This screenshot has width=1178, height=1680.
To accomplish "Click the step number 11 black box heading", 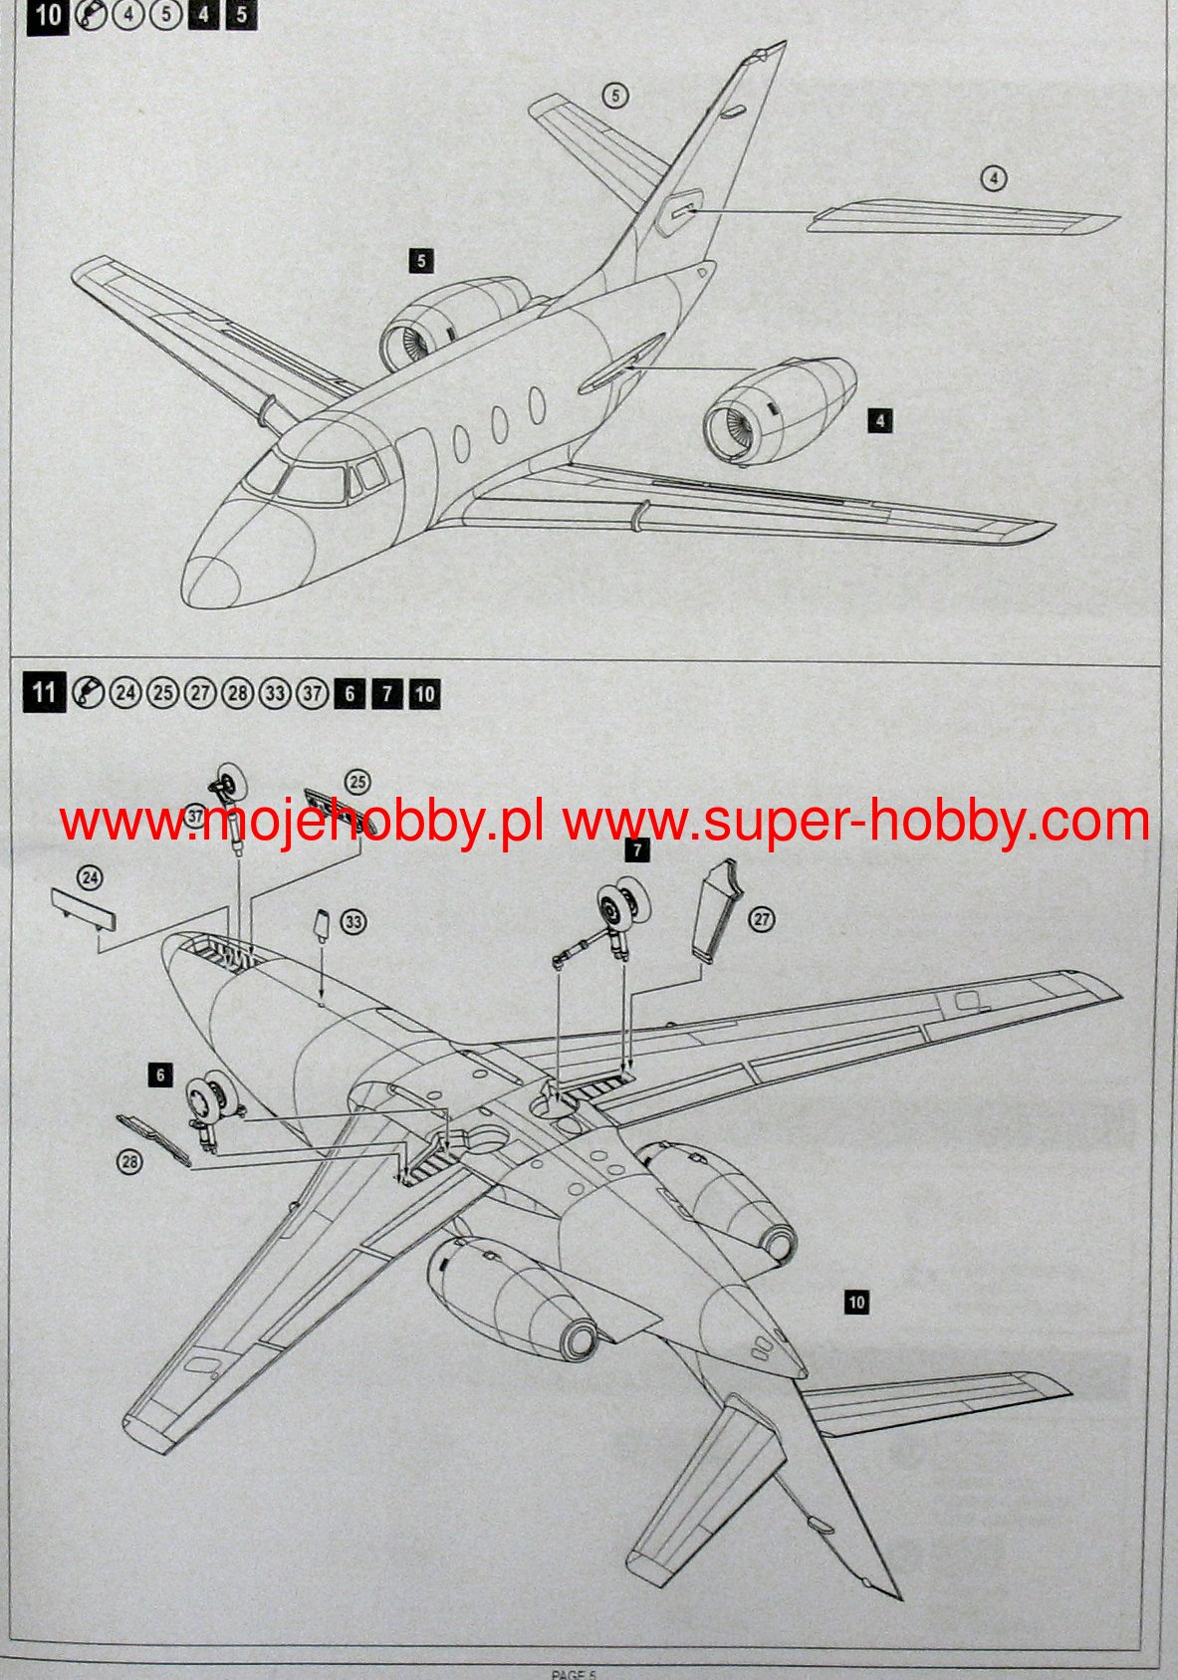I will [43, 691].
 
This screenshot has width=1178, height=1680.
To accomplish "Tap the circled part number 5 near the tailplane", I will [615, 95].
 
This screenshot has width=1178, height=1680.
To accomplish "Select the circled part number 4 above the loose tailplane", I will [993, 178].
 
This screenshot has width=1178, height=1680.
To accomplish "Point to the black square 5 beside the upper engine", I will [421, 261].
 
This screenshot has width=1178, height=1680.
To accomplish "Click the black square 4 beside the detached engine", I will [879, 421].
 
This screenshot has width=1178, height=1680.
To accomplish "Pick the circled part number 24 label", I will [90, 877].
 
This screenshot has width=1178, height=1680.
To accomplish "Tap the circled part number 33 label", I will [353, 922].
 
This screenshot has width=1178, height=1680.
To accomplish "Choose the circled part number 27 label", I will [762, 919].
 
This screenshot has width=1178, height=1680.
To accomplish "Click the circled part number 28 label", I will [129, 1160].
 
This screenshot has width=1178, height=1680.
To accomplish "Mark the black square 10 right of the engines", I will [855, 1302].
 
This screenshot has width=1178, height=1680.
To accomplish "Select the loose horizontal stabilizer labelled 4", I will [961, 218].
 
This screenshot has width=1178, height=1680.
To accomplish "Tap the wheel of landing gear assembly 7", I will [621, 905].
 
